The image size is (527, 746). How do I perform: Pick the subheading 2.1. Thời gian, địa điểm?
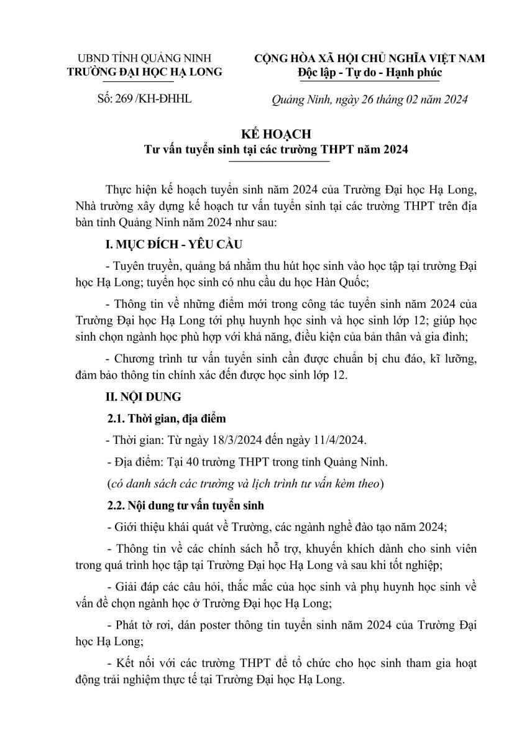(x=164, y=418)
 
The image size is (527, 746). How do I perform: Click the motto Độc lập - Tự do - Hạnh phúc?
(x=370, y=73)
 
